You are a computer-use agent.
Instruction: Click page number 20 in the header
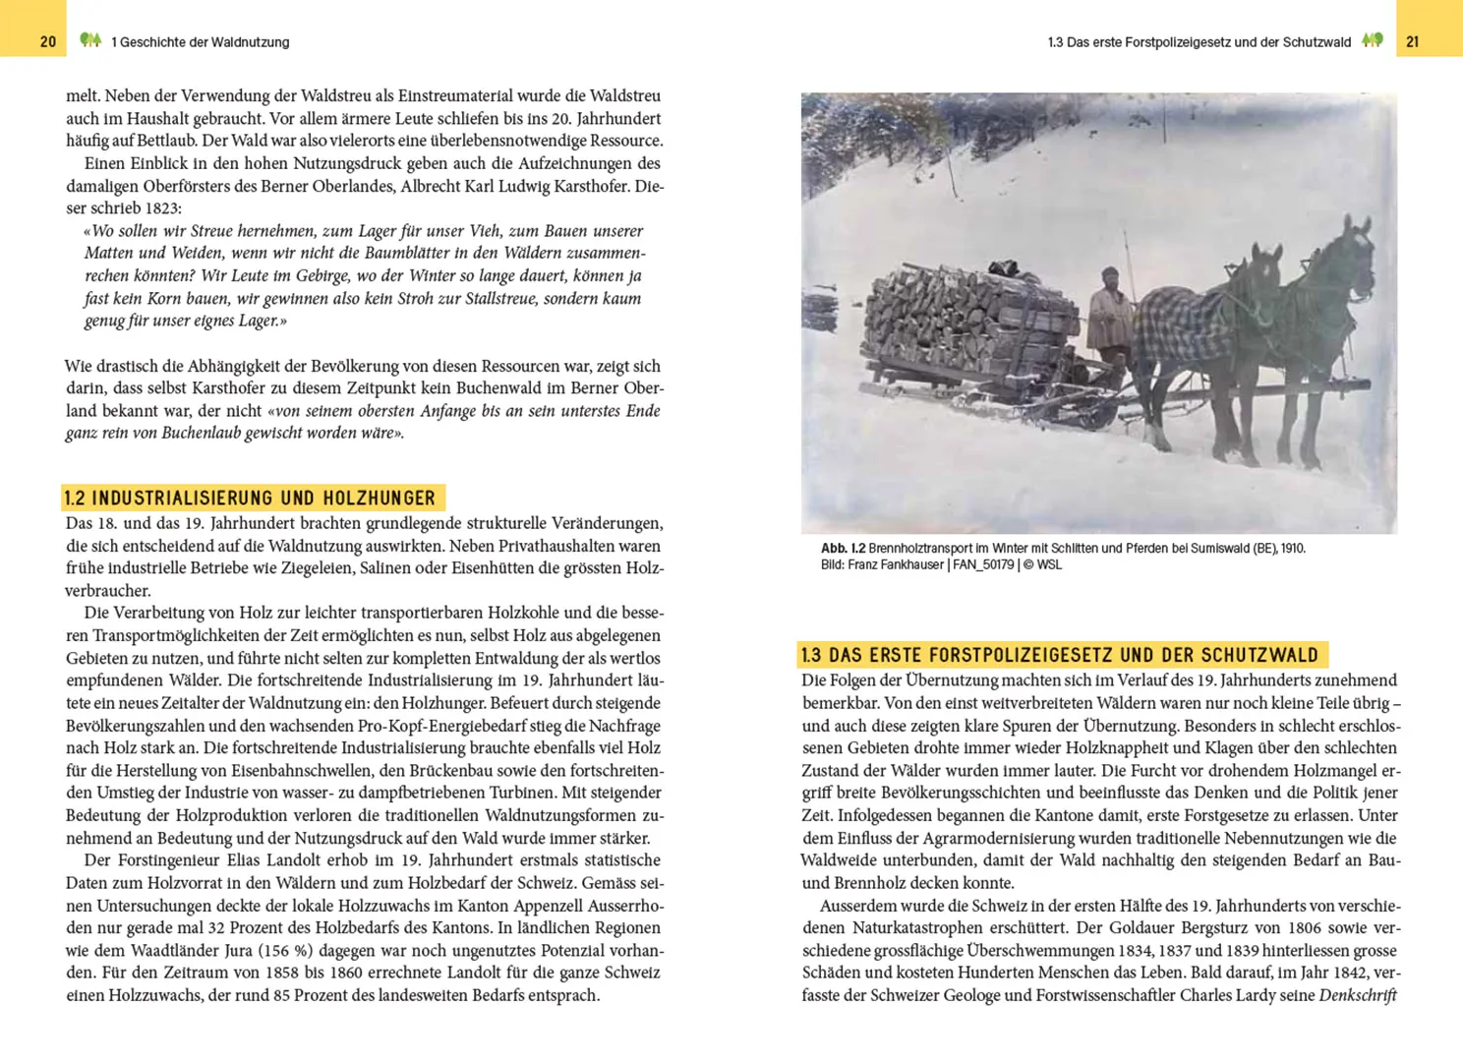[x=48, y=42]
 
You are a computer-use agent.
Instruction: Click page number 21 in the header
[x=1413, y=42]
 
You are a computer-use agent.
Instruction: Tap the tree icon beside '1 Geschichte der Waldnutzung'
[x=90, y=40]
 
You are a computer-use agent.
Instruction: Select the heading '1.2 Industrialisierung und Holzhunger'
[x=250, y=498]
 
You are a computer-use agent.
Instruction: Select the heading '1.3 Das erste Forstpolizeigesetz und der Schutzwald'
[x=1059, y=655]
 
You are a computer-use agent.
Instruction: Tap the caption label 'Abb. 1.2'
[x=843, y=549]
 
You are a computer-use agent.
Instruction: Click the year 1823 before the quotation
[x=162, y=208]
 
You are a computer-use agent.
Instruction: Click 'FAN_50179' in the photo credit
[x=982, y=565]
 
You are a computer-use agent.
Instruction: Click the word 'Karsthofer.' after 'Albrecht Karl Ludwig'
[x=585, y=186]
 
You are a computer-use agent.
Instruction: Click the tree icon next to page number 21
[x=1373, y=40]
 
